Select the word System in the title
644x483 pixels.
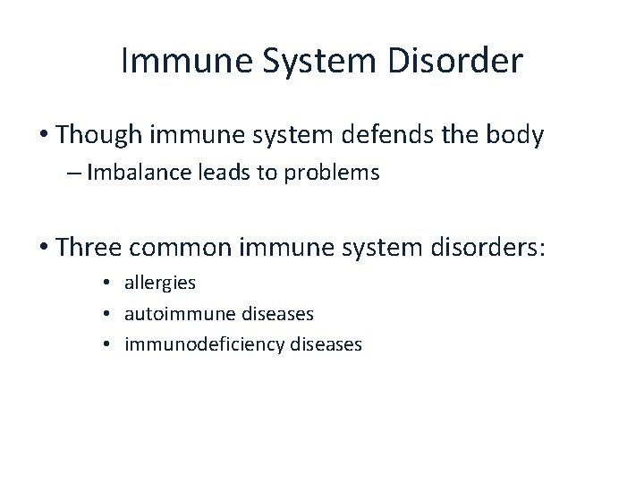point(309,62)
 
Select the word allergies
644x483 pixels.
point(160,284)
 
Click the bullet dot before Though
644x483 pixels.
point(43,136)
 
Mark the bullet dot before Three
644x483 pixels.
point(43,248)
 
